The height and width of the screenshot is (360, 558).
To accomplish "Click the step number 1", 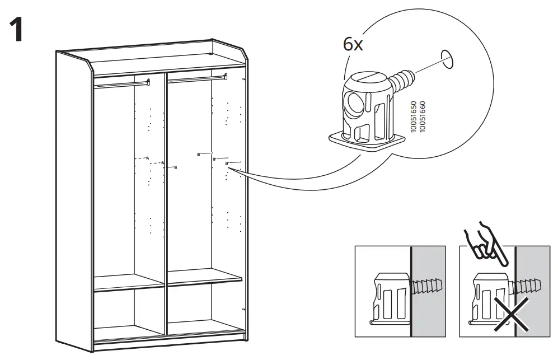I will point(17,31).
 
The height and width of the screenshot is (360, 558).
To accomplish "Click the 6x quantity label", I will point(353,45).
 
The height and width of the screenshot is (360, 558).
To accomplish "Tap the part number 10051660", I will point(423,116).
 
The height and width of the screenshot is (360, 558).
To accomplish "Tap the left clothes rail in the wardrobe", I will point(122,84).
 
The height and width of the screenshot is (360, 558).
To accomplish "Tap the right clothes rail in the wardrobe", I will point(196,79).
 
